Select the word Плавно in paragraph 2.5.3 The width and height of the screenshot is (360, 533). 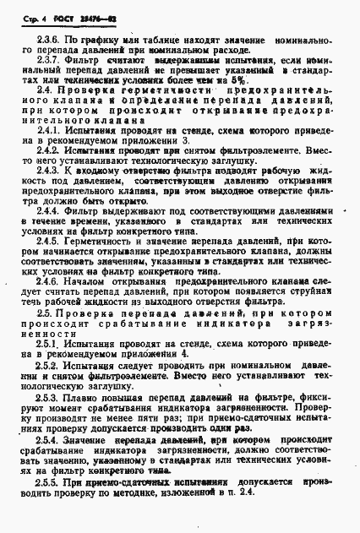coord(85,464)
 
